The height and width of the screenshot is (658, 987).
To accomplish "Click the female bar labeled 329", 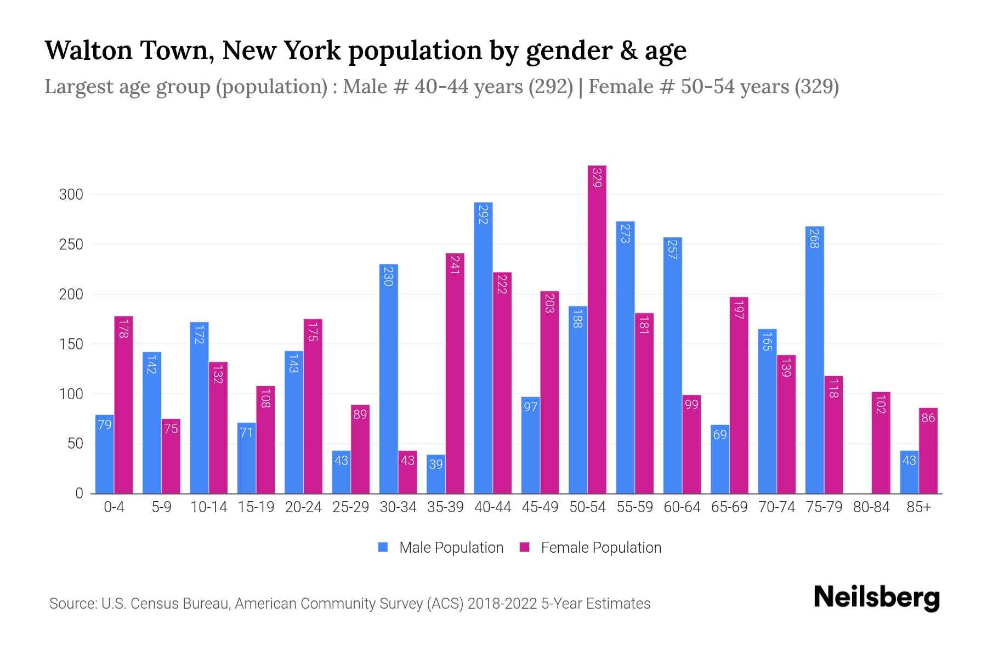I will click(597, 329).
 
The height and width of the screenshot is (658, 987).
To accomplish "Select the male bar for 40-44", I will click(483, 348).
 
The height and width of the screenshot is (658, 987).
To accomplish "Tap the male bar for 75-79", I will click(814, 360).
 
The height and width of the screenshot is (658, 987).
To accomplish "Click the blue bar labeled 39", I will click(436, 474).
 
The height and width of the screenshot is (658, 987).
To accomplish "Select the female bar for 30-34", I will click(407, 472).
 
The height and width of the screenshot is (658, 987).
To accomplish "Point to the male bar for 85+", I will click(909, 472).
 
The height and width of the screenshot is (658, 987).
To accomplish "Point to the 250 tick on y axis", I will click(71, 245).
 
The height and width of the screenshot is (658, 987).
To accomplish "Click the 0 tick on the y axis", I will click(79, 493).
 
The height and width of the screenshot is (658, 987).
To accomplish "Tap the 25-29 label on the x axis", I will click(350, 507).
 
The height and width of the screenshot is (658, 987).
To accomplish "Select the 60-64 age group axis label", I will click(682, 507).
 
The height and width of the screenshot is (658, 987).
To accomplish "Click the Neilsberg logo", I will click(876, 598).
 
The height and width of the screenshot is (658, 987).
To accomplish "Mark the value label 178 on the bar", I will click(123, 328).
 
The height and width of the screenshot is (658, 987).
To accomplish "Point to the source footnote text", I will click(349, 604).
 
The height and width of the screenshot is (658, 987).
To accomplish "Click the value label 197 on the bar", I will click(739, 310).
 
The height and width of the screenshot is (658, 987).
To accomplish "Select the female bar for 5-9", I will click(171, 456).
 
